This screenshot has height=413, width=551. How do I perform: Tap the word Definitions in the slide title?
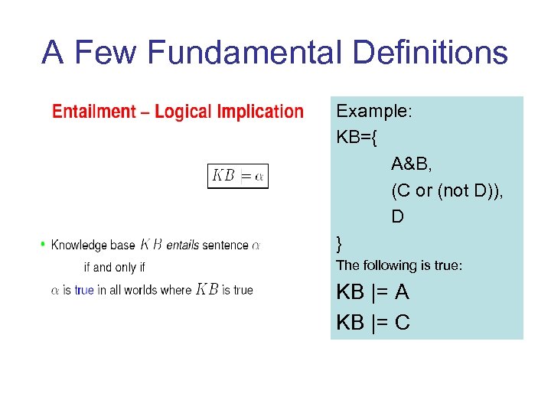[x=432, y=53]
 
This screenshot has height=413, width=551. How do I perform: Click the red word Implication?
[x=260, y=112]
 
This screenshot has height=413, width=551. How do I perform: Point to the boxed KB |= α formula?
[x=238, y=176]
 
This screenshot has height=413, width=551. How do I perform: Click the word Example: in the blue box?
[x=374, y=112]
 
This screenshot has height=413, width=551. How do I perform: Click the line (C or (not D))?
[x=447, y=190]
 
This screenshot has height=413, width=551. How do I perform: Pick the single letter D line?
[x=397, y=216]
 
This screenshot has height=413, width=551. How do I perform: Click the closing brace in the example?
[x=340, y=244]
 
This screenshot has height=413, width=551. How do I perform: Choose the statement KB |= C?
[x=373, y=322]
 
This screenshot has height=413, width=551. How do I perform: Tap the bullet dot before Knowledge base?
[x=42, y=245]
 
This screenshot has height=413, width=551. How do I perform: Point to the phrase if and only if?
[x=114, y=268]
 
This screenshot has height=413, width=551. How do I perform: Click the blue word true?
[x=84, y=290]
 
